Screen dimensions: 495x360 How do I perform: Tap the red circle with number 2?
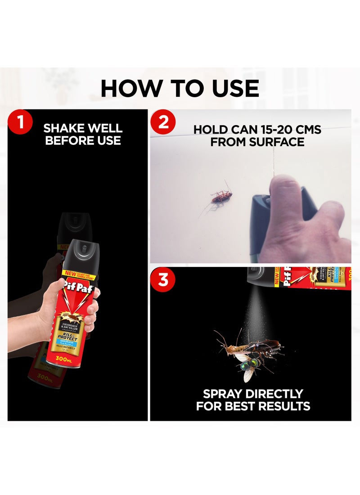pos(163,122)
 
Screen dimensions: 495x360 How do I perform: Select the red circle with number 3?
pos(163,280)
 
